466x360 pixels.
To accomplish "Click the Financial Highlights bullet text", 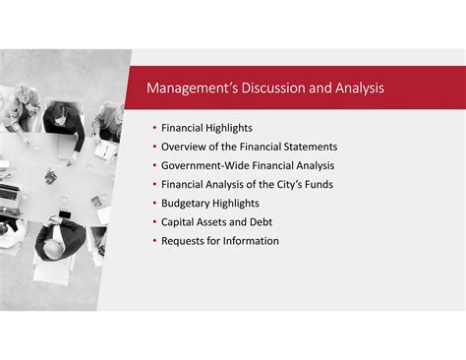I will click(206, 128).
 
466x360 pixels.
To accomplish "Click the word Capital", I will click(179, 221).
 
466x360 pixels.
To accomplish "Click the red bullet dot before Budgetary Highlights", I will click(154, 203).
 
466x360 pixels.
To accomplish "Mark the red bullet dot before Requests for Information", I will click(154, 241).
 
